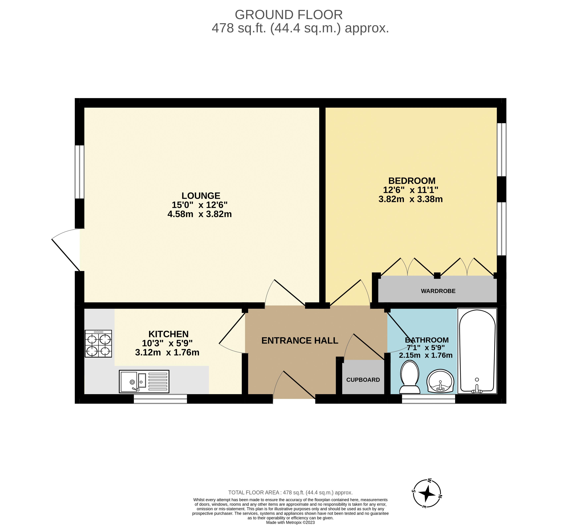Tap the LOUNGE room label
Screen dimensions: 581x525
coord(201,196)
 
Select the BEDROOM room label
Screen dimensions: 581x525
coord(412,181)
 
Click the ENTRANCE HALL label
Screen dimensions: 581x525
coord(300,341)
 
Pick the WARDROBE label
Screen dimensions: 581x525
coord(438,291)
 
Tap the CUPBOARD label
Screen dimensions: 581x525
coord(363,380)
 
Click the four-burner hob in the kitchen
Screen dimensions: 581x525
coord(98,344)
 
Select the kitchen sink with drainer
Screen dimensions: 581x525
coord(144,382)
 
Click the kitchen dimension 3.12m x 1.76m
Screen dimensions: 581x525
coord(167,353)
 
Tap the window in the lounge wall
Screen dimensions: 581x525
coord(80,172)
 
